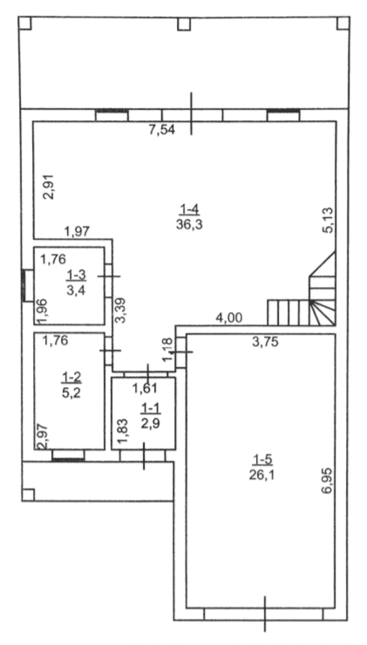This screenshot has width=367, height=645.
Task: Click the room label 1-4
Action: pos(189,210)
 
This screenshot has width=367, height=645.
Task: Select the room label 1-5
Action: pos(262,459)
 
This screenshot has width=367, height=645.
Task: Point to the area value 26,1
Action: pos(262,475)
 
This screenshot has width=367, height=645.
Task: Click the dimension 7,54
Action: pos(162,130)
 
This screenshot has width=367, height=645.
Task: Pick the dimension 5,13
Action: pos(328,220)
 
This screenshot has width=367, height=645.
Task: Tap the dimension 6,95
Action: pos(328,481)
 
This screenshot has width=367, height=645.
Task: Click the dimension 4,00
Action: pos(229,317)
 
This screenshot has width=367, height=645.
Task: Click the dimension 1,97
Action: pos(77,232)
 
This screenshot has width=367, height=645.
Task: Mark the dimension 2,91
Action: pos(49,186)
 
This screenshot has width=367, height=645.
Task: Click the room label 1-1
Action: pos(151,408)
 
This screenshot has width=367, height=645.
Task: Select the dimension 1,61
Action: pos(145,388)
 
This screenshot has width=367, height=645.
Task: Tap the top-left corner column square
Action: pos(25,23)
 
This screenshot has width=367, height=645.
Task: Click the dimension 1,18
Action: pos(167,349)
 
